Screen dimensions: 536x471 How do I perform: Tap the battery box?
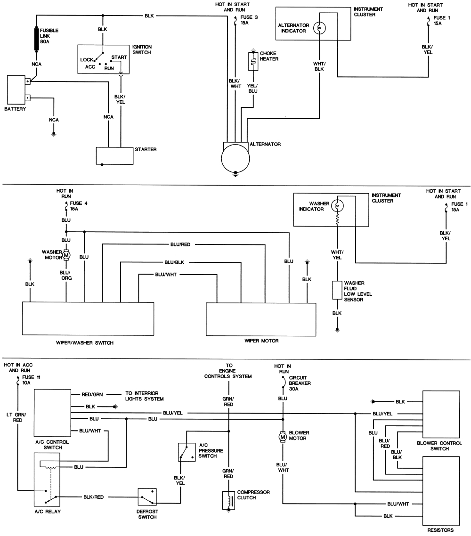pos(18,90)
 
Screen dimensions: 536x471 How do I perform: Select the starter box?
pos(114,155)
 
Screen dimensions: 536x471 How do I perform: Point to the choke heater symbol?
pos(253,59)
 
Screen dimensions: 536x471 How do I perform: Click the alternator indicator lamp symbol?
pos(320,28)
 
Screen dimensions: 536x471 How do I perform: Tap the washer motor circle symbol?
pos(66,255)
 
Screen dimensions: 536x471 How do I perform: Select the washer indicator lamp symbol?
pos(337,206)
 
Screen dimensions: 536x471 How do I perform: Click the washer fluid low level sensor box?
pos(337,291)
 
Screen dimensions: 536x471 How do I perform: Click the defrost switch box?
pos(147,497)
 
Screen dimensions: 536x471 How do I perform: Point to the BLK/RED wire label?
pos(94,497)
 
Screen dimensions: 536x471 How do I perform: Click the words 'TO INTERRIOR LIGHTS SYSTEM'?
pos(144,396)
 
